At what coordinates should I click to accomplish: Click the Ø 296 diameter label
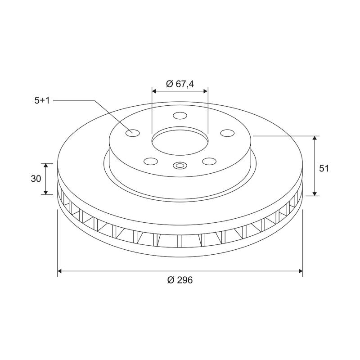(180, 280)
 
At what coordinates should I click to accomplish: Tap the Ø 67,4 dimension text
(180, 84)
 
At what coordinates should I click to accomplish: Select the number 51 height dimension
(324, 168)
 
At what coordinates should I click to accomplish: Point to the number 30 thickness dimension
(36, 178)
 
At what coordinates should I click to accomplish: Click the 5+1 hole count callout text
(42, 101)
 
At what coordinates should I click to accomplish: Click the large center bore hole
(180, 140)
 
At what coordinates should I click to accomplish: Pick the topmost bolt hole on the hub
(180, 116)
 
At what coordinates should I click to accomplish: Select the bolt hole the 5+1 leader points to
(132, 133)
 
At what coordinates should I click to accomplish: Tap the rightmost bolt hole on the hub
(228, 133)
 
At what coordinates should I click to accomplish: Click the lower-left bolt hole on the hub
(150, 161)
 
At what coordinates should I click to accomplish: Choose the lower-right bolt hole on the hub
(209, 161)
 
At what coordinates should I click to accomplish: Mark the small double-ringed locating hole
(180, 166)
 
